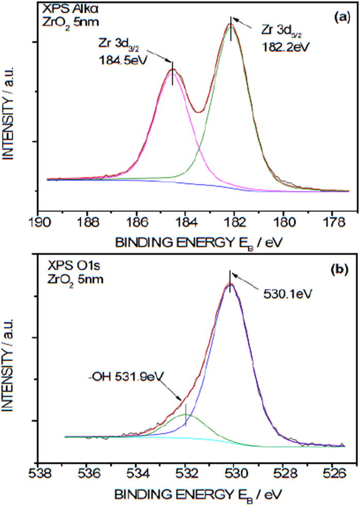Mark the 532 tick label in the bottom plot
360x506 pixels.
click(186, 473)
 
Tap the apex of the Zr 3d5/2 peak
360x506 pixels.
click(230, 24)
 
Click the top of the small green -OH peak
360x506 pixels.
click(185, 414)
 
